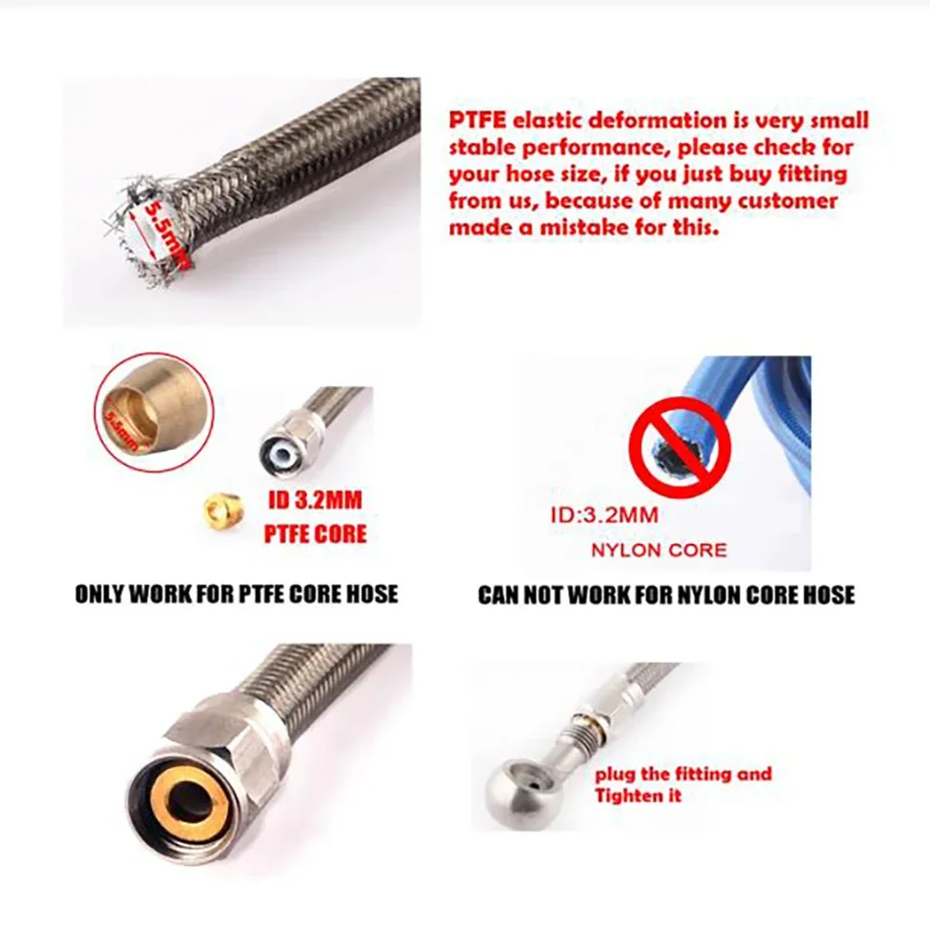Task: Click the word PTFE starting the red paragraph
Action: click(477, 120)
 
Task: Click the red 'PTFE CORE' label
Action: click(315, 535)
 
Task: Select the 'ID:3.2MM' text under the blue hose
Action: click(604, 515)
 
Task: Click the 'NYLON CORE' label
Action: click(659, 551)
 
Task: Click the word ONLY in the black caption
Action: click(100, 594)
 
